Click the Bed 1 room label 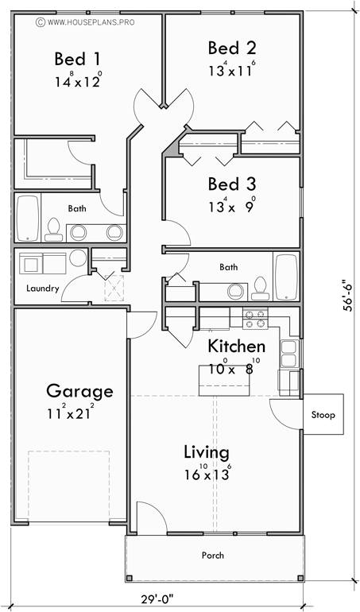pos(77,59)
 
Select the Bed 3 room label pos(231,184)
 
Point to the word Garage pos(79,391)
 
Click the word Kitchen pos(236,347)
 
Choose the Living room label pos(207,452)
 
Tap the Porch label pos(212,556)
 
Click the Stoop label pos(323,415)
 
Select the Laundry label pos(42,289)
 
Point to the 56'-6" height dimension pos(347,297)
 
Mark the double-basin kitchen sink pos(288,354)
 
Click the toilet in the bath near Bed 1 pos(54,229)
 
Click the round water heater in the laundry pos(77,259)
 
